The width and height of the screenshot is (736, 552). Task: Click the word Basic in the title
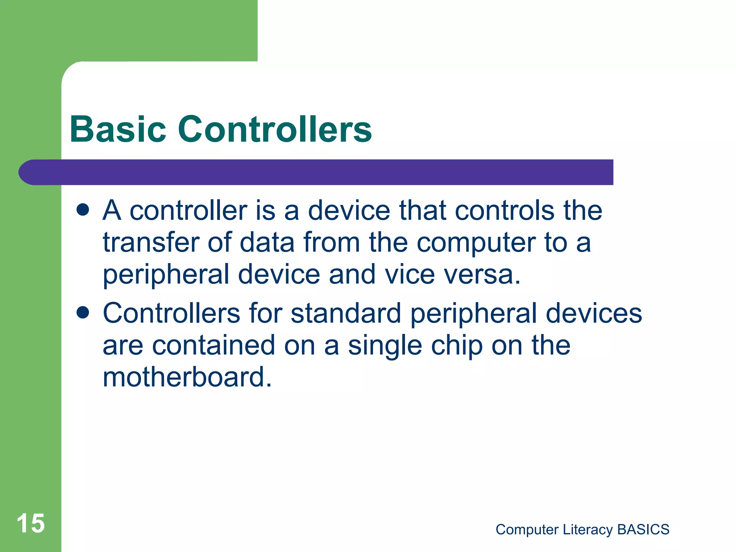coord(118,129)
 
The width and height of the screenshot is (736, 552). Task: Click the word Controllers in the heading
coord(275,129)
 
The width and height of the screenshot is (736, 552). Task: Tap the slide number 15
coord(31,523)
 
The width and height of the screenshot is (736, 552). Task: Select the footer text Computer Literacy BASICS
coord(582,529)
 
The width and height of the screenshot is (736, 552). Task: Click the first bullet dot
coord(83,210)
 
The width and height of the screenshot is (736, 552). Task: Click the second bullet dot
coord(83,313)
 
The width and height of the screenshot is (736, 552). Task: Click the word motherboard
coord(187,377)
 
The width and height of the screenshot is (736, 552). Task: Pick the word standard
coord(346,313)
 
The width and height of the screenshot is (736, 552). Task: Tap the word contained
coord(214,345)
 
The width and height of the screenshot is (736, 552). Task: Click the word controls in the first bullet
coord(505,210)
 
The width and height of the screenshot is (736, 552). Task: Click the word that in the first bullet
coord(423,210)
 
